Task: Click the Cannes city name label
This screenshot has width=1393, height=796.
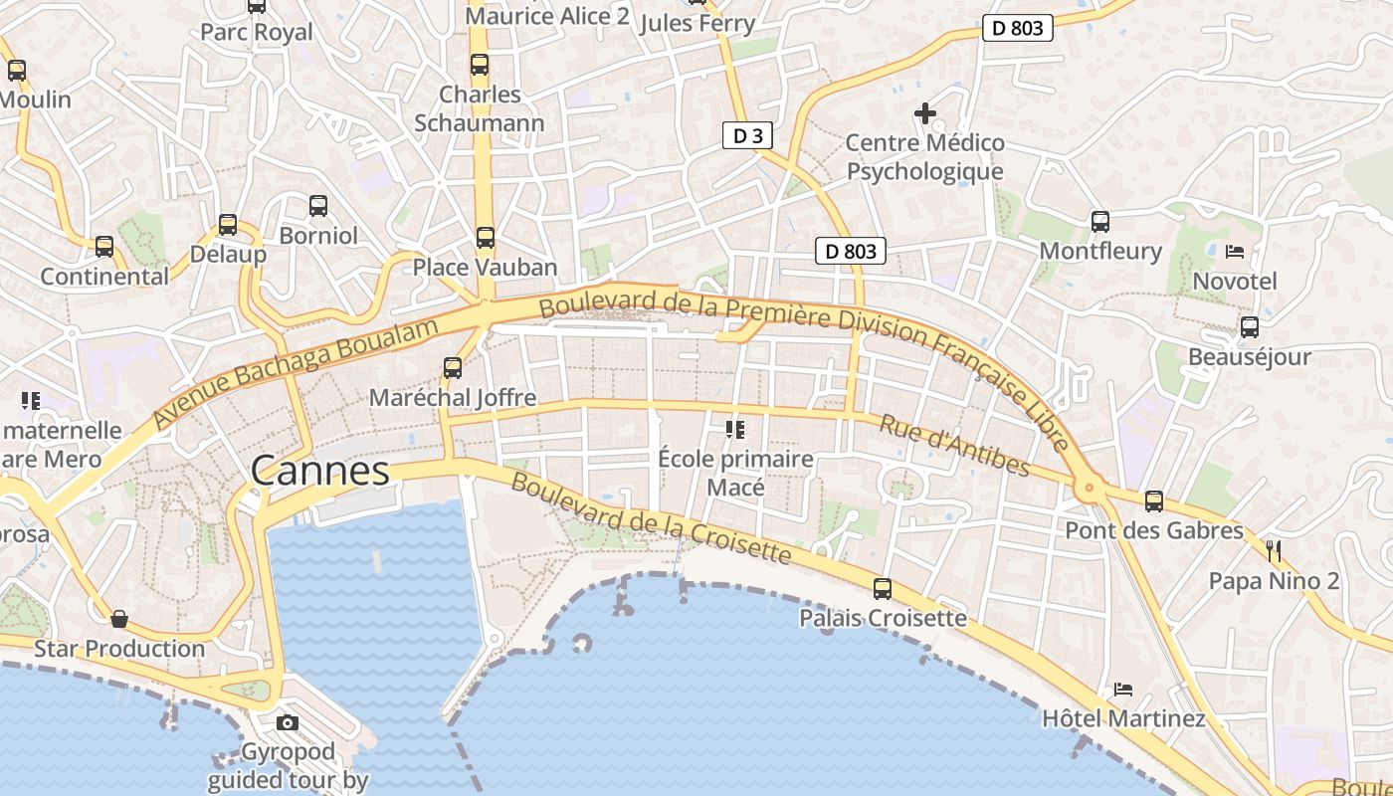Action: pyautogui.click(x=319, y=471)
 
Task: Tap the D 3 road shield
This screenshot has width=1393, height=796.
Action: pyautogui.click(x=747, y=136)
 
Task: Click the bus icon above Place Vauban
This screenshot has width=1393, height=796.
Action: pyautogui.click(x=485, y=238)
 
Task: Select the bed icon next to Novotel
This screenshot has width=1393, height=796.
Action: pyautogui.click(x=1235, y=252)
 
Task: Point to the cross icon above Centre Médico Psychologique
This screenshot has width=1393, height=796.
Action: pyautogui.click(x=925, y=113)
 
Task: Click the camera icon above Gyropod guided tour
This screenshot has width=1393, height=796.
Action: pyautogui.click(x=288, y=722)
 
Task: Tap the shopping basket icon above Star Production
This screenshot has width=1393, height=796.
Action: pyautogui.click(x=119, y=619)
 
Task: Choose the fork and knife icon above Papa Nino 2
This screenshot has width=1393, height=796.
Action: pyautogui.click(x=1274, y=550)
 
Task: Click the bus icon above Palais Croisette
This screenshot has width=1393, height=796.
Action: pyautogui.click(x=883, y=588)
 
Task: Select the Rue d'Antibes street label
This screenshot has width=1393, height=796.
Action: pyautogui.click(x=954, y=445)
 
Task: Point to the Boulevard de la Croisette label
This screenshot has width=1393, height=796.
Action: pyautogui.click(x=652, y=519)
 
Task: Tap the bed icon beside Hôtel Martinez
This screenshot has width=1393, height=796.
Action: pyautogui.click(x=1123, y=689)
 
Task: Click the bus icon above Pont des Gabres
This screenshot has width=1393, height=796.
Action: pyautogui.click(x=1154, y=501)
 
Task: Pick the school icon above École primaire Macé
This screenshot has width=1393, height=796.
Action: pyautogui.click(x=735, y=430)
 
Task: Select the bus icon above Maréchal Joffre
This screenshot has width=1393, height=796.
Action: pyautogui.click(x=453, y=368)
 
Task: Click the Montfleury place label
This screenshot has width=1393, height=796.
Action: pyautogui.click(x=1100, y=251)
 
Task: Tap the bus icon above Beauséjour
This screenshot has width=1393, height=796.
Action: pyautogui.click(x=1250, y=326)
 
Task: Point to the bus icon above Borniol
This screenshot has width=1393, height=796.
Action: pyautogui.click(x=318, y=206)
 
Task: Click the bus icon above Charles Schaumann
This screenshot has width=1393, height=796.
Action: pyautogui.click(x=480, y=65)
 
